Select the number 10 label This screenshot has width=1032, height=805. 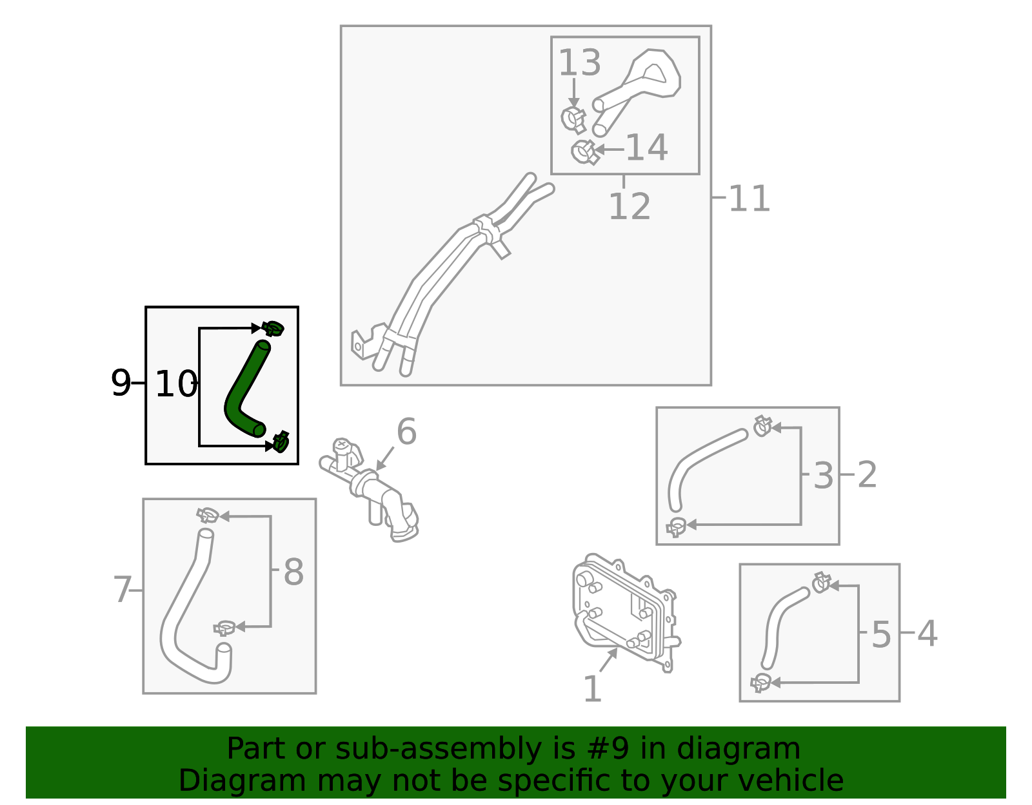click(x=175, y=384)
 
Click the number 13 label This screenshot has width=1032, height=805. click(x=579, y=63)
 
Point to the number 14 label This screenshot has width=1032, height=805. click(x=646, y=148)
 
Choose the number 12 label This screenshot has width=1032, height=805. click(x=629, y=207)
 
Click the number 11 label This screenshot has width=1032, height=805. click(x=749, y=199)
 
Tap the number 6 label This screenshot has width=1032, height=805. click(x=406, y=431)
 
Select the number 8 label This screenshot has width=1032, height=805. click(x=293, y=572)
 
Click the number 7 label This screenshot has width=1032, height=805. click(x=123, y=590)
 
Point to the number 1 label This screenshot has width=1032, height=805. click(x=592, y=689)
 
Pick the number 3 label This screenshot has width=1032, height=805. click(x=823, y=476)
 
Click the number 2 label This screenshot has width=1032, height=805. click(x=867, y=474)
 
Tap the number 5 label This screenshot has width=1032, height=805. click(x=881, y=634)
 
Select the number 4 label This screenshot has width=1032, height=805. click(x=927, y=633)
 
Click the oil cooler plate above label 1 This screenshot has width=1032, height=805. click(x=622, y=609)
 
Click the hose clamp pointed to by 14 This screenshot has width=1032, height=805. click(x=584, y=152)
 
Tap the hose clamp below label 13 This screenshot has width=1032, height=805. click(x=573, y=118)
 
